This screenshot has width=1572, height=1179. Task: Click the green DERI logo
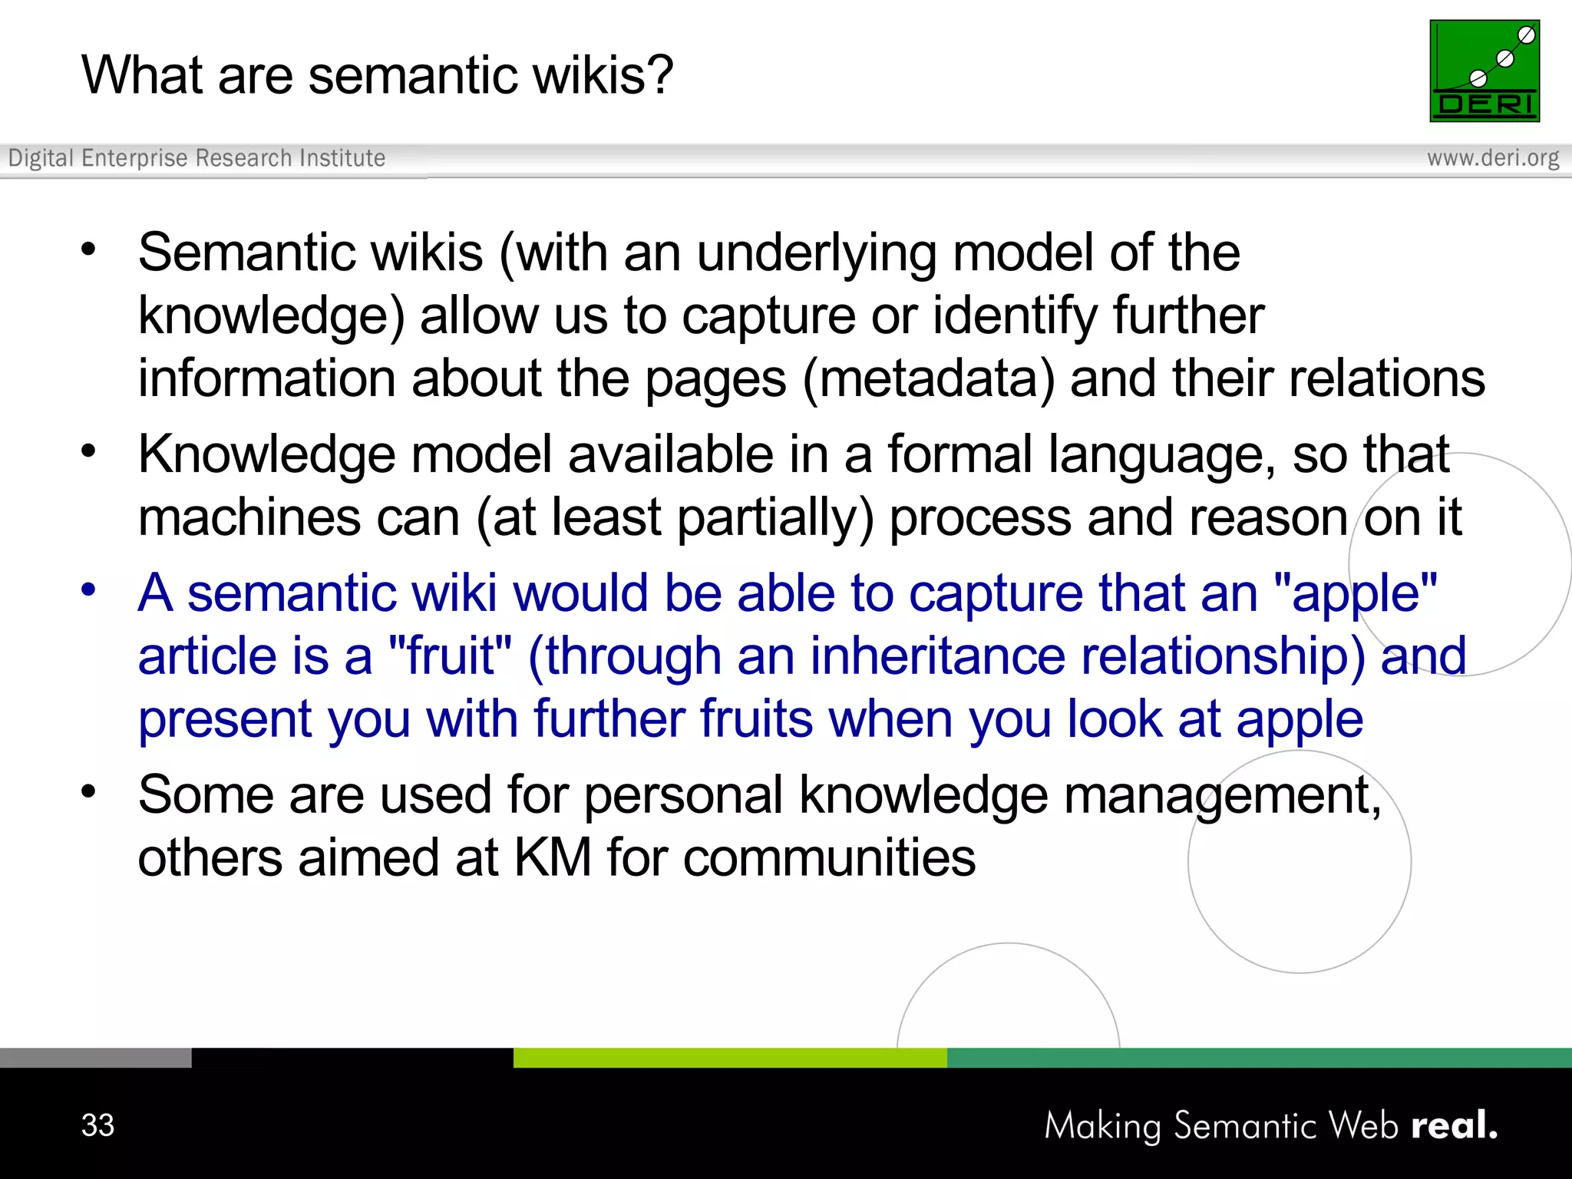pyautogui.click(x=1484, y=71)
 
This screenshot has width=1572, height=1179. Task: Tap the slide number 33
pyautogui.click(x=97, y=1125)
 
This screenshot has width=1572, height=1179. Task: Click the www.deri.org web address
pyautogui.click(x=1492, y=158)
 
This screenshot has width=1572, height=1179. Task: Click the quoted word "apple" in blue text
pyautogui.click(x=1355, y=593)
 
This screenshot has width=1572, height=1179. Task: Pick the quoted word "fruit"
pyautogui.click(x=450, y=656)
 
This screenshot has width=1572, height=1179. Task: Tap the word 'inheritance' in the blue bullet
pyautogui.click(x=937, y=656)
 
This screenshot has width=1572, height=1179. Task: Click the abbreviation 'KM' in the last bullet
pyautogui.click(x=552, y=857)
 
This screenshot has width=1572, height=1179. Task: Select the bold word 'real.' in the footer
pyautogui.click(x=1454, y=1125)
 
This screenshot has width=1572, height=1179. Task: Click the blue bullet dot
pyautogui.click(x=89, y=589)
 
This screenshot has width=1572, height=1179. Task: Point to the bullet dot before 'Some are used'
pyautogui.click(x=89, y=791)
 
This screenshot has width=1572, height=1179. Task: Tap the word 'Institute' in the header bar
pyautogui.click(x=342, y=158)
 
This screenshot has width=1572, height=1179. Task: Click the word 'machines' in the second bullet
pyautogui.click(x=249, y=518)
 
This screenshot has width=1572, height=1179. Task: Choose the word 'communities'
pyautogui.click(x=829, y=857)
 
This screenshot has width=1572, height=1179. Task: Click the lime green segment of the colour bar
pyautogui.click(x=729, y=1058)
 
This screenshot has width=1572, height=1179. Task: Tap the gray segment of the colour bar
pyautogui.click(x=95, y=1058)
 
